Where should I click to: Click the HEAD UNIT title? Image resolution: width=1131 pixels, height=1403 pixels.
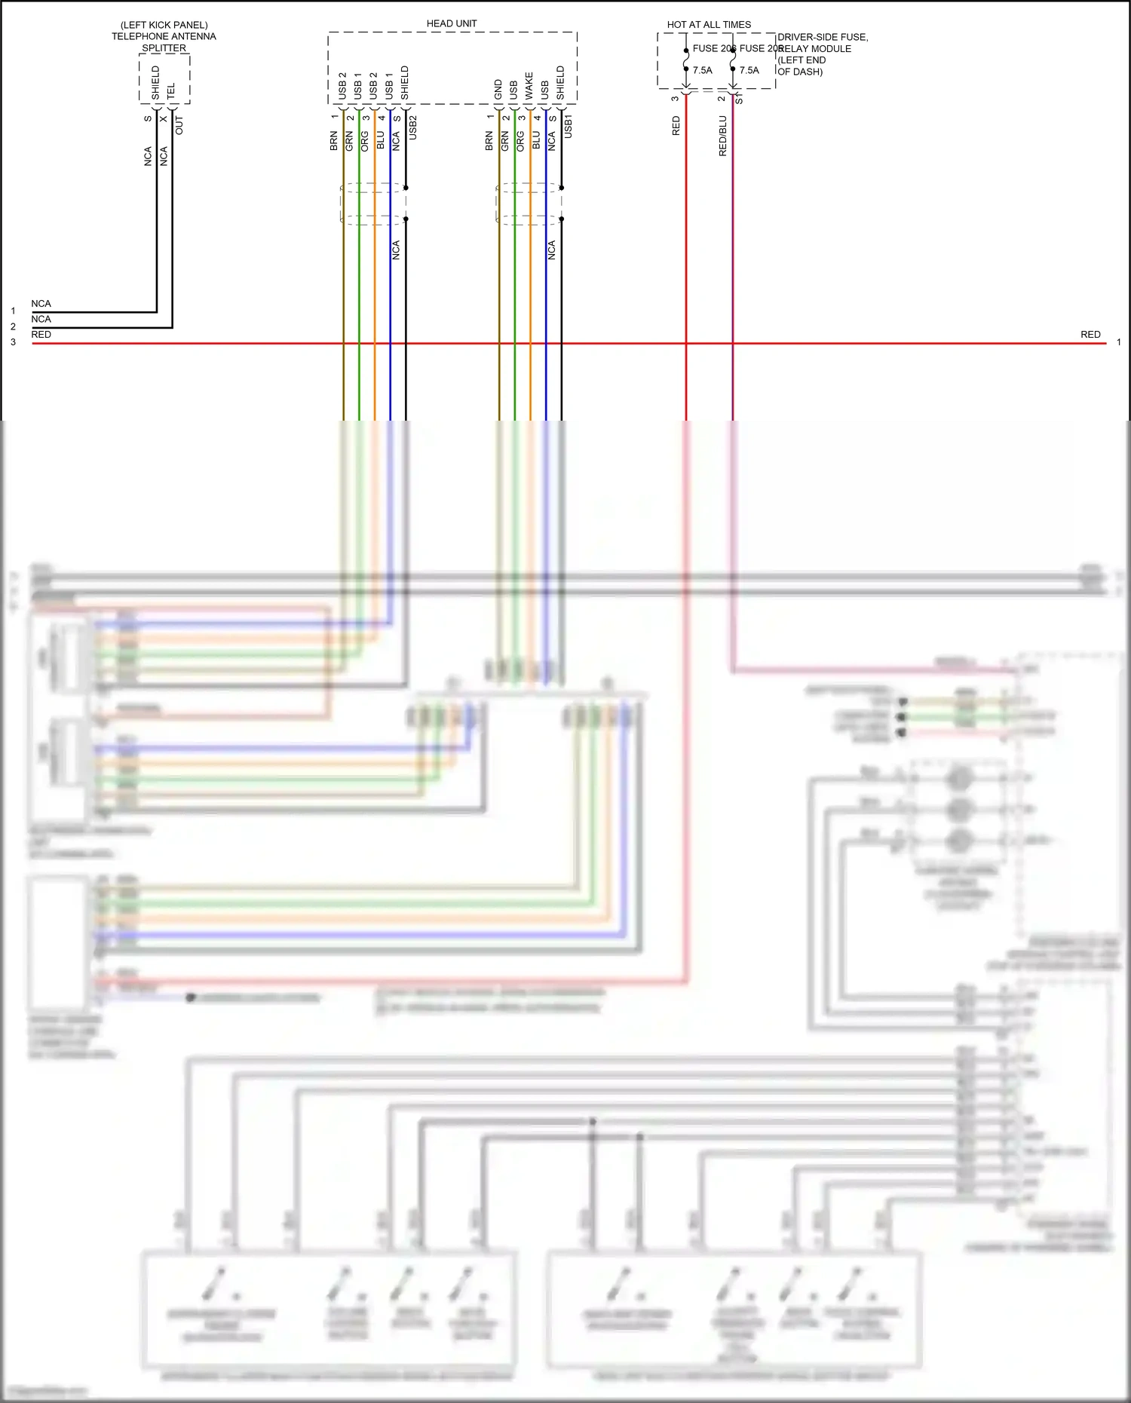451,23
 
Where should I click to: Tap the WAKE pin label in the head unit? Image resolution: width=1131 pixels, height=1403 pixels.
529,86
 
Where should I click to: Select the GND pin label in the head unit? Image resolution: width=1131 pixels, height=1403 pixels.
498,89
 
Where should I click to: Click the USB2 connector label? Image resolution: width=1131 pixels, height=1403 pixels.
412,127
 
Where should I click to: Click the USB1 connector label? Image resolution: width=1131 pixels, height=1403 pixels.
568,126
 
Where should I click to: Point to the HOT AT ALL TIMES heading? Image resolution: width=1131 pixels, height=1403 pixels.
709,24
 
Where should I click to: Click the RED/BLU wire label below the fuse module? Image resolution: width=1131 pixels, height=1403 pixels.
722,136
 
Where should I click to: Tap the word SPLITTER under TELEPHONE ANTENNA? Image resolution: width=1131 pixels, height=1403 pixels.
164,47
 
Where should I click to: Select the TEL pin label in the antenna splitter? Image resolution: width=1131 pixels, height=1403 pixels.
171,90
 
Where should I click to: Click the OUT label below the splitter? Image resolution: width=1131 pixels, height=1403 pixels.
179,125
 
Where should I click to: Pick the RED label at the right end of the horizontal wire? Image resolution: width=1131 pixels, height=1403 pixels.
1090,334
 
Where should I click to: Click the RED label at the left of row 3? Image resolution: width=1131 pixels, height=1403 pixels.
41,334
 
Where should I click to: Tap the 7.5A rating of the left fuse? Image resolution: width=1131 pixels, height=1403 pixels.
702,70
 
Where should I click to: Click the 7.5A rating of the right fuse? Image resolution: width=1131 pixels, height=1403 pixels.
749,70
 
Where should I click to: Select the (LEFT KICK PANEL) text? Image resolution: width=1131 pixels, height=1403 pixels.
164,25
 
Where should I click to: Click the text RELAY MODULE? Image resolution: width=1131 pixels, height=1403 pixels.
814,48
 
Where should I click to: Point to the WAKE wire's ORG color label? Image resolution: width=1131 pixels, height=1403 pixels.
520,141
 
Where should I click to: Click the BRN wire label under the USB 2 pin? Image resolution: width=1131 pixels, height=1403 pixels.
333,141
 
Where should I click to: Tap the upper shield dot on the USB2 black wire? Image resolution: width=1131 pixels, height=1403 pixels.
406,187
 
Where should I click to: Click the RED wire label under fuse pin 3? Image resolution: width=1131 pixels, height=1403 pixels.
676,125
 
